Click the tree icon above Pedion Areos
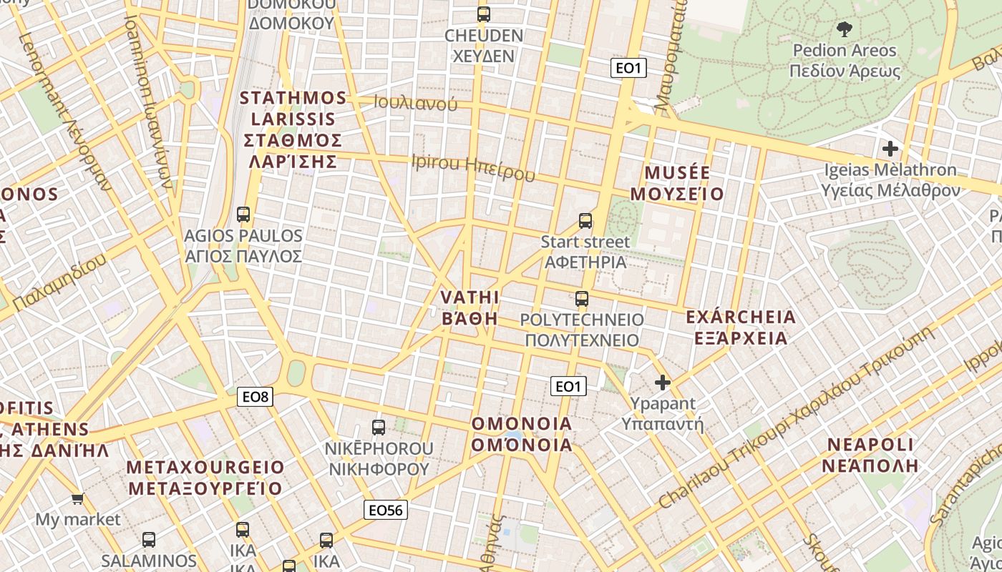point(844,29)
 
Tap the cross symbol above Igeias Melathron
point(890,149)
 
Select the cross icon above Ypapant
point(663,383)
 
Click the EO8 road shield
point(256,397)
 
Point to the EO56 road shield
point(386,509)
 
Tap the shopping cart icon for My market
point(77,498)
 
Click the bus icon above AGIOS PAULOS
point(243,214)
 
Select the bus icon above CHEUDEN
point(484,14)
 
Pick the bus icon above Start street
point(585,221)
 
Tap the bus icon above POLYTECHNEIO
point(582,299)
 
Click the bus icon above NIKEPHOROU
point(379,428)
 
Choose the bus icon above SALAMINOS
point(149,540)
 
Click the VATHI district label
point(470,307)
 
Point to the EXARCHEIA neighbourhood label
point(741,327)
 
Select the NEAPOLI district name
point(870,455)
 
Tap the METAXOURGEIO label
point(205,478)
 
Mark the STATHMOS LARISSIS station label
point(293,129)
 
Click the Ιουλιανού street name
point(416,102)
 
